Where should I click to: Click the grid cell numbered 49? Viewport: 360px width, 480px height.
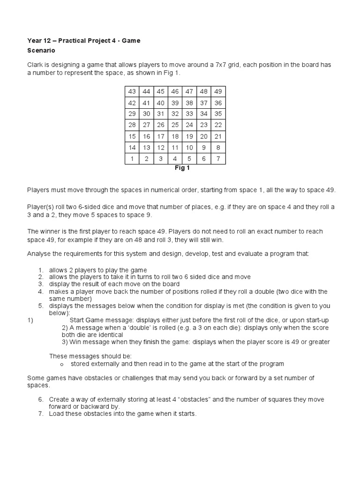(x=218, y=91)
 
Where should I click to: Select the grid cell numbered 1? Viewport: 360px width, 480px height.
(x=132, y=159)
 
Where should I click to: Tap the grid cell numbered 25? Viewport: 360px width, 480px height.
(x=175, y=125)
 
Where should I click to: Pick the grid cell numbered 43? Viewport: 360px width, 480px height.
(x=132, y=91)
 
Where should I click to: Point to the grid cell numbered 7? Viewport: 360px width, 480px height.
(x=218, y=159)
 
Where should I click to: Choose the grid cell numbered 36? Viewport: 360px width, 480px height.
(x=218, y=103)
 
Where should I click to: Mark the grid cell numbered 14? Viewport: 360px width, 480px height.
(x=132, y=148)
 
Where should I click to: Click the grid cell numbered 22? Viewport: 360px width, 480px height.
(x=218, y=125)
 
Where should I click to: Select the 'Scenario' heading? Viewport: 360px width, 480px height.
(x=41, y=50)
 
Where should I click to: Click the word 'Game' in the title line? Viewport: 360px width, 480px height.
(x=131, y=41)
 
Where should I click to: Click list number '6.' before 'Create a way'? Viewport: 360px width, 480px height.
(x=41, y=399)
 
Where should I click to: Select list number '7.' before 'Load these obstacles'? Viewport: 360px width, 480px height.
(x=41, y=414)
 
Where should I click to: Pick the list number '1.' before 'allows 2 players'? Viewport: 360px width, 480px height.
(x=41, y=270)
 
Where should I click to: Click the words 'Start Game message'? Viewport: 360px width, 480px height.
(x=97, y=320)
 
